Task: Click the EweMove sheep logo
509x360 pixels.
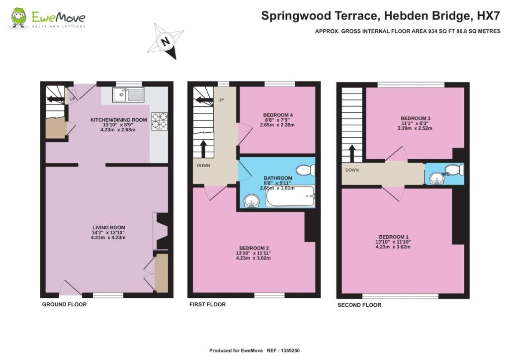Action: coord(18,18)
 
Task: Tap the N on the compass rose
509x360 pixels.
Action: coord(166,42)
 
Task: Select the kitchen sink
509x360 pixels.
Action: coord(128,94)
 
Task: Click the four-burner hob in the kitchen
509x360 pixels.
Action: coord(160,121)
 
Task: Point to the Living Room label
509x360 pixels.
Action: coord(108,228)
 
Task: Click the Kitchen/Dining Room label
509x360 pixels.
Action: coord(118,120)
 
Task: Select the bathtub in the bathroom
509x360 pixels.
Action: coord(290,196)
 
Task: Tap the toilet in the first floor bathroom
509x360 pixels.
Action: coord(306,170)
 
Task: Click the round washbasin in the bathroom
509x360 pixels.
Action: coord(251,200)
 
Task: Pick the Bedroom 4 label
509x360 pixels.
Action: coord(278,115)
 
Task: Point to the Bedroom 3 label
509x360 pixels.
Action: coord(416,118)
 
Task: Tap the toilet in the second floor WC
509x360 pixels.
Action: coord(454,170)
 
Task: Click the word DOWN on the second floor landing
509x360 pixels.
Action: coord(352,170)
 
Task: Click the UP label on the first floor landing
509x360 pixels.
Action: coord(221,100)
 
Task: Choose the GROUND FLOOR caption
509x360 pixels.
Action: coord(64,304)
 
